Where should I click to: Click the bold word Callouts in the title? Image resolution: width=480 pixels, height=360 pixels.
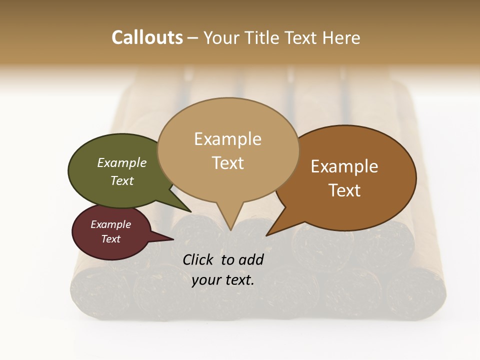[147, 37]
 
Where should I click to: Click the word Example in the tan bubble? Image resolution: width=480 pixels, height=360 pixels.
[227, 139]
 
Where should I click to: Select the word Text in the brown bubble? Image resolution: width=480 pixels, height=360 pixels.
[344, 190]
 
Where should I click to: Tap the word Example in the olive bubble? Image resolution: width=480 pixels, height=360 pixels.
[122, 163]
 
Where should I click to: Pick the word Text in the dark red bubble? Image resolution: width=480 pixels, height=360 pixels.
[111, 239]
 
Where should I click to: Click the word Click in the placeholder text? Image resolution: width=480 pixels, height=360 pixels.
[198, 259]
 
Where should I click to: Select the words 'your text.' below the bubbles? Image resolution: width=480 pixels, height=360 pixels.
[223, 280]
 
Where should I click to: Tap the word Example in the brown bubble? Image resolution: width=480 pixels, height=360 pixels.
[344, 166]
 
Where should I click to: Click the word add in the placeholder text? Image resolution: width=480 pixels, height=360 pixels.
[251, 259]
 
